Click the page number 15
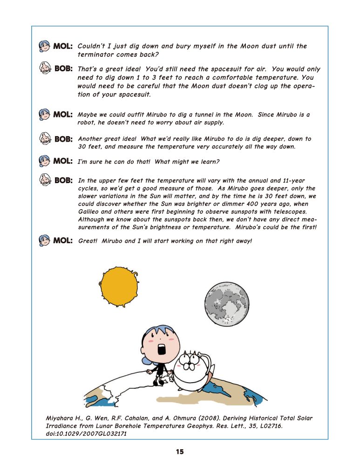(180, 452)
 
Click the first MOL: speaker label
(63, 46)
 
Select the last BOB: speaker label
(63, 180)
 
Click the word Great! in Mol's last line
(88, 241)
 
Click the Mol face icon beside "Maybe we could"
(45, 114)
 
